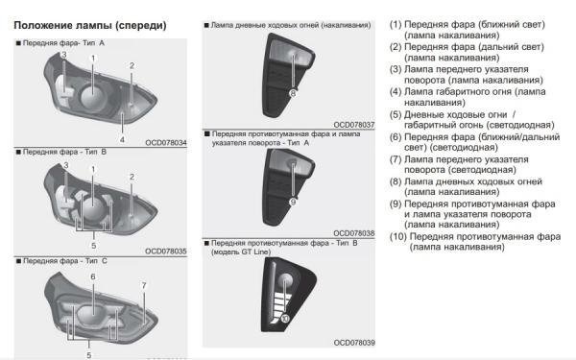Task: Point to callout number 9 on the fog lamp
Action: pos(292,202)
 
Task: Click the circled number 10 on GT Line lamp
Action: pos(285,318)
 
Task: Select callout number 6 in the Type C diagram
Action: pos(93,276)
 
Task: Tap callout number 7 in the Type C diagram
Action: pos(143,285)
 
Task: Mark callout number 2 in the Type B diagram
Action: pos(132,177)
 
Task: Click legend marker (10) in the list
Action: pos(397,236)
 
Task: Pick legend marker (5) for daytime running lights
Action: pos(395,115)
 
